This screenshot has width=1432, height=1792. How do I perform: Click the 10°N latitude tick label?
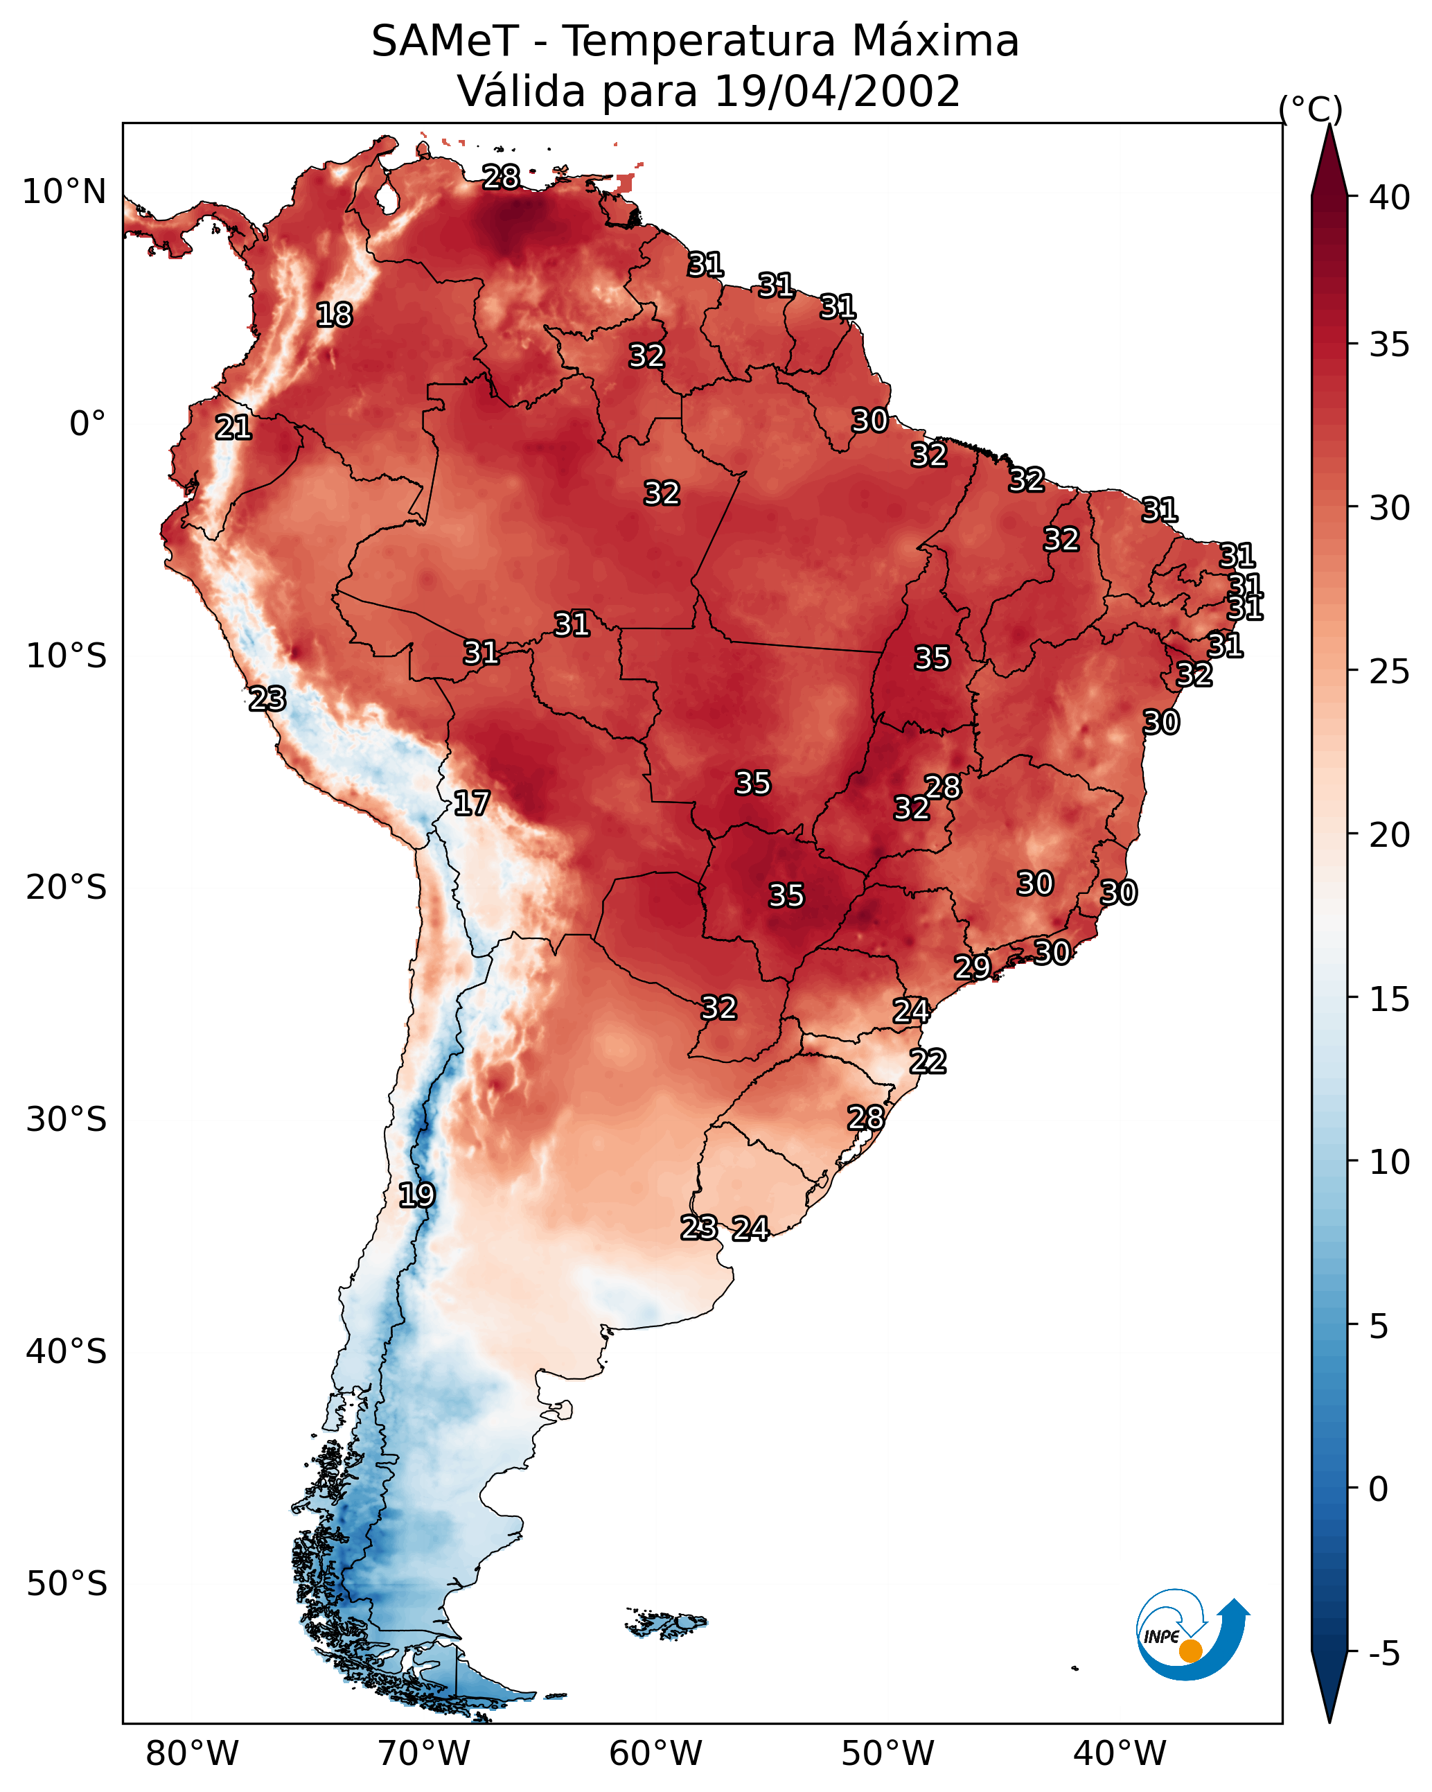(64, 192)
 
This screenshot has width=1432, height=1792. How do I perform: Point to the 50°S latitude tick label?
(67, 1584)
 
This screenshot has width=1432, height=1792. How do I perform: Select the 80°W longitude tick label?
(192, 1754)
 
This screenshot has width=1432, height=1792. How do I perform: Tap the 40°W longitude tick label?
(1120, 1754)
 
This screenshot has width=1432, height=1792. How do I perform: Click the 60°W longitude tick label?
(656, 1754)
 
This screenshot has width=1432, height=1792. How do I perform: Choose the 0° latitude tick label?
(88, 424)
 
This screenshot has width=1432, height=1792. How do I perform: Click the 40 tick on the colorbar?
(1390, 197)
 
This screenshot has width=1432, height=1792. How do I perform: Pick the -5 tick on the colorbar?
(1385, 1654)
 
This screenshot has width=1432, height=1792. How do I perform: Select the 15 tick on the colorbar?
(1390, 999)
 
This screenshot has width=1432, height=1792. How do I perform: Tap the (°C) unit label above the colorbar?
(1310, 109)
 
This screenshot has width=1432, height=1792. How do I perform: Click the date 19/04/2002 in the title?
(837, 91)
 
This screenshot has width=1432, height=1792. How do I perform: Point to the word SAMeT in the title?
(445, 42)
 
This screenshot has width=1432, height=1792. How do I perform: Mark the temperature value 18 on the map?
(334, 315)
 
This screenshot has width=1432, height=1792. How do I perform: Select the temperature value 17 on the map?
(471, 803)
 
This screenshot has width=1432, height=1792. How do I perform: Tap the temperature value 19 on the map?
(416, 1195)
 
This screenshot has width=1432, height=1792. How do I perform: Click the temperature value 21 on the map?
(233, 428)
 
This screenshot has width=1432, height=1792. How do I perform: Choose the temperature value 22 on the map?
(928, 1062)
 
